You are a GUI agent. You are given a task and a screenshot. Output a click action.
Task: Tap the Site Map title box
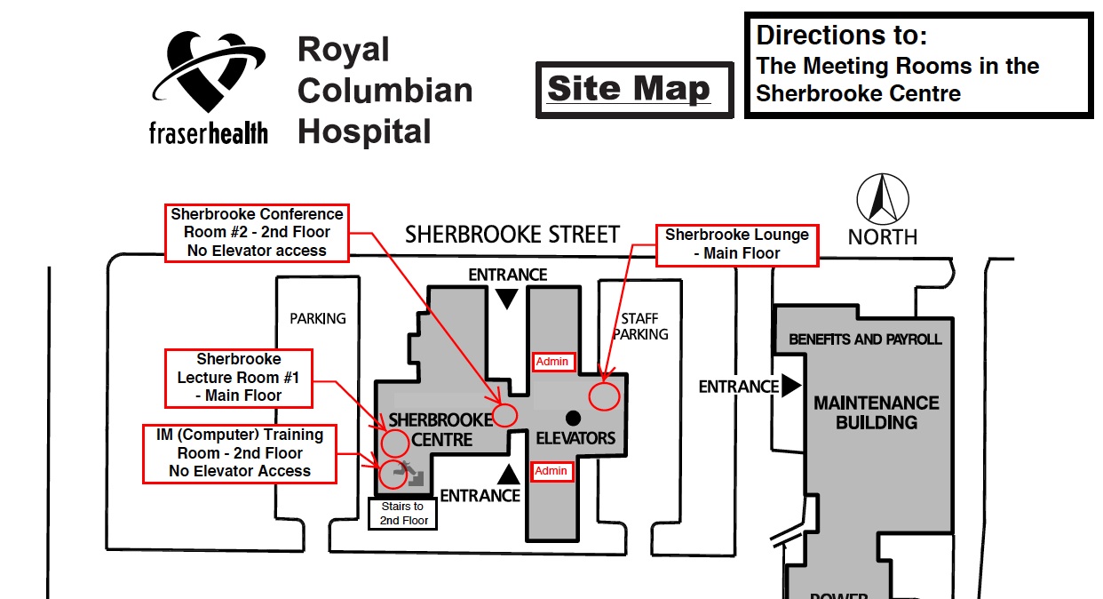[634, 89]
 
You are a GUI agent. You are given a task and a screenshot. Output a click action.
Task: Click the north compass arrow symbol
[882, 199]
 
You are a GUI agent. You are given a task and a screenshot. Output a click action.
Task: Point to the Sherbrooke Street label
[512, 235]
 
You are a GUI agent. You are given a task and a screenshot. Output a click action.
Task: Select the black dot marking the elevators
[573, 417]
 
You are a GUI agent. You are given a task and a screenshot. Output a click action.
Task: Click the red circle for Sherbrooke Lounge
[604, 395]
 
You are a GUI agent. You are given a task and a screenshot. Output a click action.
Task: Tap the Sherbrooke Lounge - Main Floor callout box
[737, 244]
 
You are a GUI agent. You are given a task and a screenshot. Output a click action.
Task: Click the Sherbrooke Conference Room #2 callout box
[257, 232]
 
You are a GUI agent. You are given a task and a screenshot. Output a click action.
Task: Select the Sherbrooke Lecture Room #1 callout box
[239, 378]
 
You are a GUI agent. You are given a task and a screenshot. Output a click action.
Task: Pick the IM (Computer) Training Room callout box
[240, 453]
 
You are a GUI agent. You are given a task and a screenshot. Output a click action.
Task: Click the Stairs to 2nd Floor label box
[402, 514]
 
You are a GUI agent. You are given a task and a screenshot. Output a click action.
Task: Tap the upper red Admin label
[551, 362]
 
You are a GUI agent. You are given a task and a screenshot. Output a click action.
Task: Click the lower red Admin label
[551, 471]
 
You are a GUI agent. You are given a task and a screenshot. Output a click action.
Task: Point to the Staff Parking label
[640, 326]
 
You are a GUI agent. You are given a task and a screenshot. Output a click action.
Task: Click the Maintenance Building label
[876, 412]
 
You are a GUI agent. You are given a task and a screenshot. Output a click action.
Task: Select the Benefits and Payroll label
[865, 339]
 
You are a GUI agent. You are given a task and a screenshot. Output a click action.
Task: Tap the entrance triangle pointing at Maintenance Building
[790, 386]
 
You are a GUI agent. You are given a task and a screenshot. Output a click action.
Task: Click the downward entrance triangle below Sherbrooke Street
[506, 299]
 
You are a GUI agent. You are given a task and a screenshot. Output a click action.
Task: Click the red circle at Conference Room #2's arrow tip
[505, 415]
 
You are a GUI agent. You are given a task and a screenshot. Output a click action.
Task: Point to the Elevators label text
[575, 438]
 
